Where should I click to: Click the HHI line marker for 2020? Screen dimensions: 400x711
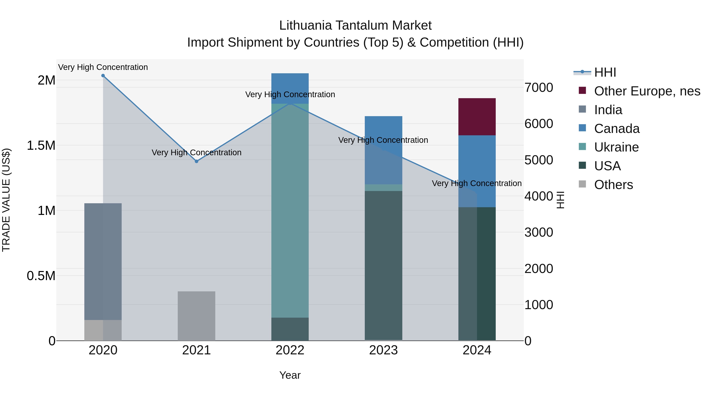(x=103, y=76)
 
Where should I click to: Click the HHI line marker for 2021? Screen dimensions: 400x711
(x=197, y=161)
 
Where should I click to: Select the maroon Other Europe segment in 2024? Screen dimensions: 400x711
(x=477, y=117)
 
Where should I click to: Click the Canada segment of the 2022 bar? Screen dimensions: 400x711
(x=290, y=88)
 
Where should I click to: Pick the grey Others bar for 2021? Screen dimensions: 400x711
(x=196, y=316)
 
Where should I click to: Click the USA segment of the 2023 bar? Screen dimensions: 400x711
(x=383, y=265)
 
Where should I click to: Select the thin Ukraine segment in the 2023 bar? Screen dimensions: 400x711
(x=383, y=188)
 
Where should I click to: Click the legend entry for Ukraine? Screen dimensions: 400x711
(x=616, y=147)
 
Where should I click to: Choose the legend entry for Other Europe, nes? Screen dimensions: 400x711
(x=647, y=91)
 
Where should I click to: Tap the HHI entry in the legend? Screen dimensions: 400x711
(x=605, y=72)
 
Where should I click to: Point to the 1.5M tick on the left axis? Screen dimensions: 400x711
(x=41, y=145)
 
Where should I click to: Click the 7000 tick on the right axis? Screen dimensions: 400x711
(x=539, y=88)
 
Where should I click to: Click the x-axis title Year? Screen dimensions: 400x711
(x=290, y=375)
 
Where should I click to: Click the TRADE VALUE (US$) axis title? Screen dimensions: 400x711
(x=6, y=200)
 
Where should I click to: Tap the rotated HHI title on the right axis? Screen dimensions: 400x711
(x=560, y=200)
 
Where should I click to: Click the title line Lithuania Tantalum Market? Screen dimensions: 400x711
(x=355, y=25)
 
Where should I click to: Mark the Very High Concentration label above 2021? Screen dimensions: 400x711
(x=197, y=152)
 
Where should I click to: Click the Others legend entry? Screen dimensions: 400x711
(x=613, y=185)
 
